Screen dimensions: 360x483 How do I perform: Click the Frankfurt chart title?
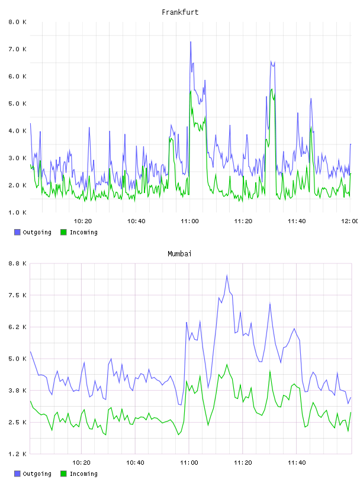click(x=180, y=12)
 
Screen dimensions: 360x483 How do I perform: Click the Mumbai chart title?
click(x=179, y=253)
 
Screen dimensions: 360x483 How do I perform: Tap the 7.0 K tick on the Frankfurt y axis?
click(x=18, y=49)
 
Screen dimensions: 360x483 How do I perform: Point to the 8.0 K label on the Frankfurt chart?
click(x=18, y=22)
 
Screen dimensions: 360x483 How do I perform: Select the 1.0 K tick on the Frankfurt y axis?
click(x=18, y=212)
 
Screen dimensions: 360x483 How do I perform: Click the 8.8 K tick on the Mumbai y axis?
click(x=18, y=263)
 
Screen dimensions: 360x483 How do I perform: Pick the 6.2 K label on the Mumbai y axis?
click(x=18, y=327)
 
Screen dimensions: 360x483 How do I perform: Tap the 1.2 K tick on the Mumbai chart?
click(x=18, y=454)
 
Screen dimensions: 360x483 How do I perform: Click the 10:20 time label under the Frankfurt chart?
click(x=83, y=221)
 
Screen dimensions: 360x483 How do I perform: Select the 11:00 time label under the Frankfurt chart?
click(x=189, y=221)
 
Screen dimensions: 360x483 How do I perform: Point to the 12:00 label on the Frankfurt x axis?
click(x=350, y=221)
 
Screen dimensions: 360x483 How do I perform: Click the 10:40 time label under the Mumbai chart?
click(x=135, y=462)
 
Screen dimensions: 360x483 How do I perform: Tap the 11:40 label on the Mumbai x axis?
click(x=297, y=462)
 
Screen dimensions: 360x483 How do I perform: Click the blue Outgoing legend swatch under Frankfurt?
click(x=17, y=232)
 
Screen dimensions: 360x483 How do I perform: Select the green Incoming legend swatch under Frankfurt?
click(x=63, y=232)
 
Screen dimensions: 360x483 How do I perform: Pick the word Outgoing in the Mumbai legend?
click(x=37, y=474)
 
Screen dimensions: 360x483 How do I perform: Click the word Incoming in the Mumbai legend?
click(x=83, y=474)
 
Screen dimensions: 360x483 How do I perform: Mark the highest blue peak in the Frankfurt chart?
click(x=191, y=42)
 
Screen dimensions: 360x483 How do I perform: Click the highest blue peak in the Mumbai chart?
click(x=227, y=275)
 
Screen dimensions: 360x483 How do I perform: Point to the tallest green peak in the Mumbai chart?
click(x=227, y=365)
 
